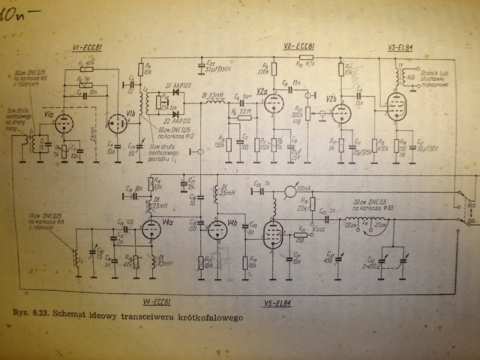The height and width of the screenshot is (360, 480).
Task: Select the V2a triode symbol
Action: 273,103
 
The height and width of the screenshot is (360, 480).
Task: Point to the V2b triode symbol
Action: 341,113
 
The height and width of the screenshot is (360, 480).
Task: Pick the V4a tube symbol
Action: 149,231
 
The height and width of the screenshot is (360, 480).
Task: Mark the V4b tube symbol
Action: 217,226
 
